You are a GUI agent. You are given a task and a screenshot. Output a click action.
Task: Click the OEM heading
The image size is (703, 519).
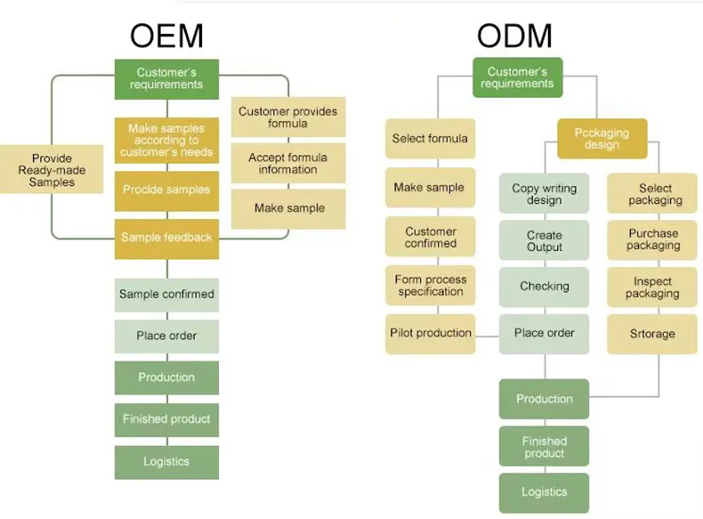click(166, 36)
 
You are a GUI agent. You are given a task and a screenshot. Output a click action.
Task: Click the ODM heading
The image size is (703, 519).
click(514, 36)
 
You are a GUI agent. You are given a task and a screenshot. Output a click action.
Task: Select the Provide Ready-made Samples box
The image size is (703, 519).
click(52, 170)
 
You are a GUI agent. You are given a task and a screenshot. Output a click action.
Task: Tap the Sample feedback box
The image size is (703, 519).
click(166, 238)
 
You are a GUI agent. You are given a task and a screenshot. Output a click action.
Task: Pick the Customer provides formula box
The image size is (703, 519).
click(288, 118)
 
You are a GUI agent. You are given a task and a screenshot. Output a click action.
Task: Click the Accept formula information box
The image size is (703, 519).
click(288, 164)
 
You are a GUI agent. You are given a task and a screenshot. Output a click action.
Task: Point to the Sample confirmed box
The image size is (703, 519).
click(166, 295)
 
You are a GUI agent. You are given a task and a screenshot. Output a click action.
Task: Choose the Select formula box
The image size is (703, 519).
click(430, 139)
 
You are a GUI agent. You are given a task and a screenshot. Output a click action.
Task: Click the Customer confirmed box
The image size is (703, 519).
click(430, 238)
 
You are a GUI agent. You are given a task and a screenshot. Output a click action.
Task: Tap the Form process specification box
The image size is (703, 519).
click(430, 286)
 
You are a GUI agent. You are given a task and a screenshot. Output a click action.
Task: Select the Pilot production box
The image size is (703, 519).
click(430, 334)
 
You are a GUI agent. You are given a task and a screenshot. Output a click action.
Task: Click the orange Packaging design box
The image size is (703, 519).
click(602, 139)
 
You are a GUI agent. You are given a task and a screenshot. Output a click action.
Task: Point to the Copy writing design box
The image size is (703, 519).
click(544, 194)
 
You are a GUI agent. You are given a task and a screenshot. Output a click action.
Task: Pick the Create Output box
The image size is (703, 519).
click(544, 241)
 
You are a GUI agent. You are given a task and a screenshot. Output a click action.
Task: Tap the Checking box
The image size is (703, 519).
click(544, 287)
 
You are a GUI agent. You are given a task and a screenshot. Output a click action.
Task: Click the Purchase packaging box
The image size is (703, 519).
click(652, 239)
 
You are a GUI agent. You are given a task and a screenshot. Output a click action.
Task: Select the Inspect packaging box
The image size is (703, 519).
click(652, 288)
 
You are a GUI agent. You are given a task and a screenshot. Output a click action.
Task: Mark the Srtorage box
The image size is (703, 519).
click(652, 334)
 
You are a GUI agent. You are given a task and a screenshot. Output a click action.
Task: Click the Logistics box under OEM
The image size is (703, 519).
click(166, 462)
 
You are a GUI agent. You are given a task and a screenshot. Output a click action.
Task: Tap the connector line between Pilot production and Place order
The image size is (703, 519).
click(487, 336)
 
